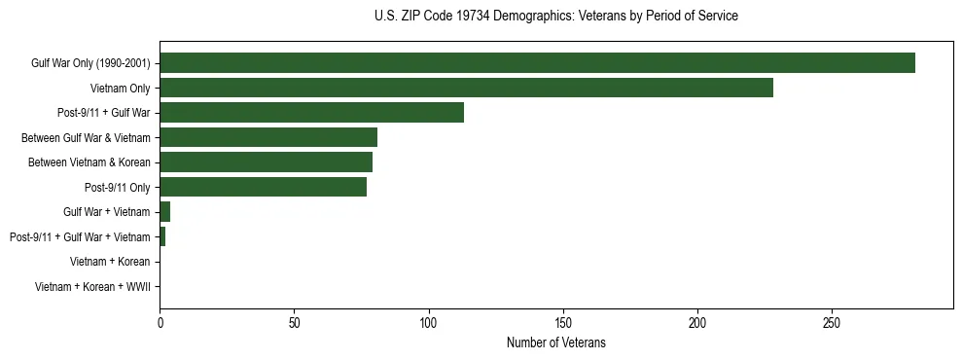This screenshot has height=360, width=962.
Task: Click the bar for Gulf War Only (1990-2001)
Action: (x=537, y=63)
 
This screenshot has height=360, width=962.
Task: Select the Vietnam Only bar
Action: (x=466, y=88)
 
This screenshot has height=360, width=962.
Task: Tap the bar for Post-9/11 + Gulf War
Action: (x=311, y=113)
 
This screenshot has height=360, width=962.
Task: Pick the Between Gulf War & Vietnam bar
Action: (x=268, y=137)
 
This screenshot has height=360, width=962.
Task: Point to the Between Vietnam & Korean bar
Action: (x=266, y=162)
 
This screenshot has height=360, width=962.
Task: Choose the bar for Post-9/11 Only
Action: (x=263, y=187)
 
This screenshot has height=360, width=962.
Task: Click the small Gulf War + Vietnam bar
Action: (x=165, y=211)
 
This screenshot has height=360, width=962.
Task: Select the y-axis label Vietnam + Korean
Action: (x=110, y=261)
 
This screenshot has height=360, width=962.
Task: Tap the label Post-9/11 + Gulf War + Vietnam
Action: (x=80, y=236)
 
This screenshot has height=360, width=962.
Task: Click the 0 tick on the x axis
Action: (x=160, y=322)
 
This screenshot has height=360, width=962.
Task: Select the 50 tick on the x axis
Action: (x=294, y=322)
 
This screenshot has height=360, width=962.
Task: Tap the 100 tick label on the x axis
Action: (x=429, y=322)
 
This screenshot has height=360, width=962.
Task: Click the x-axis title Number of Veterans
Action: (x=555, y=342)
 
